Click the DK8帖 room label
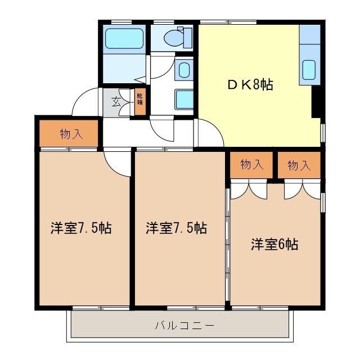point(250,85)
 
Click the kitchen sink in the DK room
point(309,70)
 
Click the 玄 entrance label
point(116,102)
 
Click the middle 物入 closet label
point(251,164)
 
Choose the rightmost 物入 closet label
point(299,165)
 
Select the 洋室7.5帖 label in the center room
point(176,228)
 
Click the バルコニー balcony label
point(177,325)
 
